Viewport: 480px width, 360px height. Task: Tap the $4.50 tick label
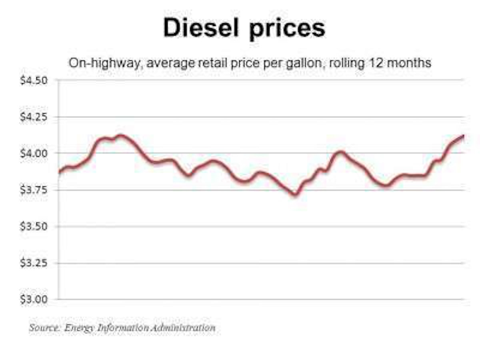tap(34, 80)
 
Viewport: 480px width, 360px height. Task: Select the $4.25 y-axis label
tap(34, 117)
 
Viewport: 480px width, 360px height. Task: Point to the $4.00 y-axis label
tap(34, 154)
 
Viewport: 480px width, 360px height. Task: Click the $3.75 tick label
tap(34, 190)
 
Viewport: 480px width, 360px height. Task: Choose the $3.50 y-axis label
tap(34, 226)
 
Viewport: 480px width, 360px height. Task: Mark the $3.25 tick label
tap(34, 263)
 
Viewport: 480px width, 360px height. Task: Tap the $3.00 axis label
tap(34, 299)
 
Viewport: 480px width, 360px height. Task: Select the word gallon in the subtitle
tap(298, 64)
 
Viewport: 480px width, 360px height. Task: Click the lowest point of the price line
tap(295, 194)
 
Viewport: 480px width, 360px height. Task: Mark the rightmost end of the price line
tap(463, 136)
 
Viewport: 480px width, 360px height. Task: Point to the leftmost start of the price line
tap(59, 172)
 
